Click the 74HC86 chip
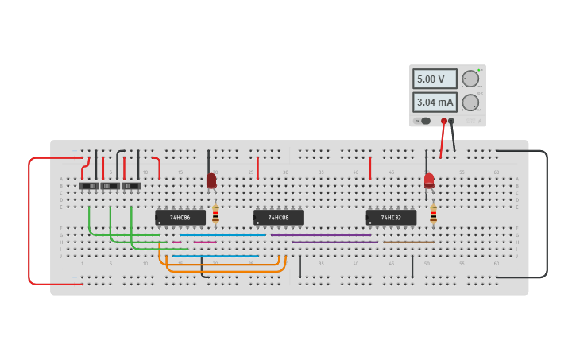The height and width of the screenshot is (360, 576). [x=180, y=217]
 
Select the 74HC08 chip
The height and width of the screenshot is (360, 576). [x=279, y=217]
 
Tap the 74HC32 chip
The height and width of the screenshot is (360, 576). [x=391, y=217]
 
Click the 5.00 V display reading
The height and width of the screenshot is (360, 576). [x=435, y=79]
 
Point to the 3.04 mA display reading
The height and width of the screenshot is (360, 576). [x=435, y=103]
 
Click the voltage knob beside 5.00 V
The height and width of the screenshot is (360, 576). [x=470, y=79]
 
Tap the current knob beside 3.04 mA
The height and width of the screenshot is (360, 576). [x=470, y=103]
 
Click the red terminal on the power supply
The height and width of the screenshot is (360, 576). [x=444, y=121]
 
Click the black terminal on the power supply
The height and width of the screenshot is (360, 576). [x=451, y=121]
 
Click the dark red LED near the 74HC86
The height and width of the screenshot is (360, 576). [x=211, y=181]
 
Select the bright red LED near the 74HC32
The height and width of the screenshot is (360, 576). [x=429, y=180]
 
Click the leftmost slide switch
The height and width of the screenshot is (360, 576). [x=89, y=186]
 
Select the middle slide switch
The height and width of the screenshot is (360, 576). [x=110, y=186]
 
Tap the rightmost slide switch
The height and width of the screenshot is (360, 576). [x=131, y=186]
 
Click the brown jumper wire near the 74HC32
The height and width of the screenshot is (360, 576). [x=408, y=242]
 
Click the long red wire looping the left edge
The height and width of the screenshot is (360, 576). [x=29, y=223]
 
